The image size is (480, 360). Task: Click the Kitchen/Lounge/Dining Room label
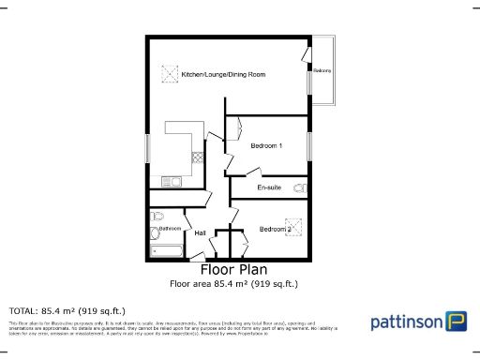click(x=222, y=74)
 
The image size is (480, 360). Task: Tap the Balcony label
click(x=322, y=71)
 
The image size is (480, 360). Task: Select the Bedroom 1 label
click(x=267, y=146)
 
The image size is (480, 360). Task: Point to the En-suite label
click(x=269, y=188)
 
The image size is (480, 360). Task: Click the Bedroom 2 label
click(x=274, y=230)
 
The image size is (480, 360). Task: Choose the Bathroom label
click(x=170, y=229)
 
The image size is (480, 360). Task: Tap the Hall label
click(x=200, y=233)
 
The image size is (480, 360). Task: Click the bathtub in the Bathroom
click(x=170, y=250)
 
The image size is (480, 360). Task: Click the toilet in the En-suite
click(x=299, y=188)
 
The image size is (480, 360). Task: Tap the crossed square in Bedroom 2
click(x=292, y=224)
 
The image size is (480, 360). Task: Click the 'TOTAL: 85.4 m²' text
click(x=67, y=310)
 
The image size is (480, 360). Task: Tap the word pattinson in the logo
click(x=405, y=322)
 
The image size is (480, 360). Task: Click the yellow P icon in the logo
click(x=457, y=322)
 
